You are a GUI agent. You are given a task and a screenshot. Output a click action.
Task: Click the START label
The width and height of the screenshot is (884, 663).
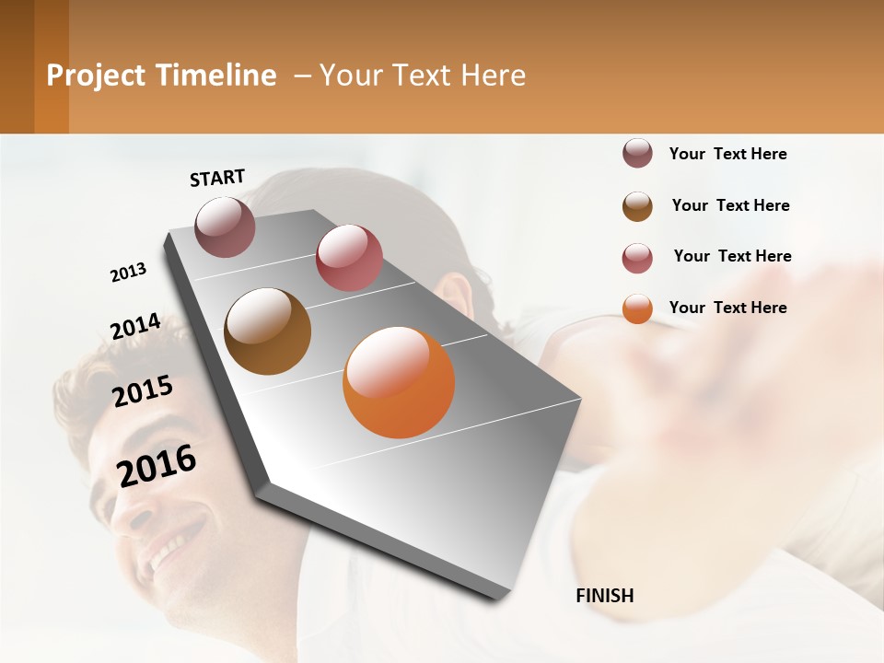(217, 178)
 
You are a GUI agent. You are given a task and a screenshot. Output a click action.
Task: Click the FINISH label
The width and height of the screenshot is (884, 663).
(604, 596)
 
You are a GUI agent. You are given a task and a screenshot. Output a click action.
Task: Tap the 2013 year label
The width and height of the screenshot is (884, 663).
(128, 273)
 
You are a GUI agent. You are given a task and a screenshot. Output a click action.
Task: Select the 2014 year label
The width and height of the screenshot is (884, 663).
(135, 327)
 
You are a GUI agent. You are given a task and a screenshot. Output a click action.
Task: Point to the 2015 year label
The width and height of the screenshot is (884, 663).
(143, 391)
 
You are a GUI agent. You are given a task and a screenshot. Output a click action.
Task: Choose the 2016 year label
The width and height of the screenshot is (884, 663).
(157, 466)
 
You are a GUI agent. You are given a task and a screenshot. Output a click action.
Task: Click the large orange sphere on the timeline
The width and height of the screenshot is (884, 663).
(399, 382)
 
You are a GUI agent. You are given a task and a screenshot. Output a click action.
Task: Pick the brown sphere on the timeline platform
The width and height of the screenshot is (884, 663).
(267, 331)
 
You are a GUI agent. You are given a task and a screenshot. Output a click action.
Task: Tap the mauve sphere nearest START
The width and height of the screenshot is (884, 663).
(225, 227)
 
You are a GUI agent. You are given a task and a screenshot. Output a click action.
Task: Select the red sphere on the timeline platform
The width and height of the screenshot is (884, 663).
(349, 258)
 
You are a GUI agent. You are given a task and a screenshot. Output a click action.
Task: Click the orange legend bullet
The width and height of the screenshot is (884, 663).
(637, 308)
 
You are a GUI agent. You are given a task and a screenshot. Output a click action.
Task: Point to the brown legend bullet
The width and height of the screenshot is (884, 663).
(637, 206)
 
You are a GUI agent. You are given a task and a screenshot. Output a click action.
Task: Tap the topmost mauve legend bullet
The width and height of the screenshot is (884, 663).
(637, 154)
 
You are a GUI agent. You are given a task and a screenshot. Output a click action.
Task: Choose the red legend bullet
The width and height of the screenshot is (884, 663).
(637, 258)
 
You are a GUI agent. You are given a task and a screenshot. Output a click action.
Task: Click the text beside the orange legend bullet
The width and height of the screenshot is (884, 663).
(727, 308)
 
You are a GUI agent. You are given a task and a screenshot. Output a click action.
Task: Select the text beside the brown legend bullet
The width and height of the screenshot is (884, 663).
(730, 205)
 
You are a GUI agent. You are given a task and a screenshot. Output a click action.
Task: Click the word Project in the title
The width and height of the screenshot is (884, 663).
(96, 76)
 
